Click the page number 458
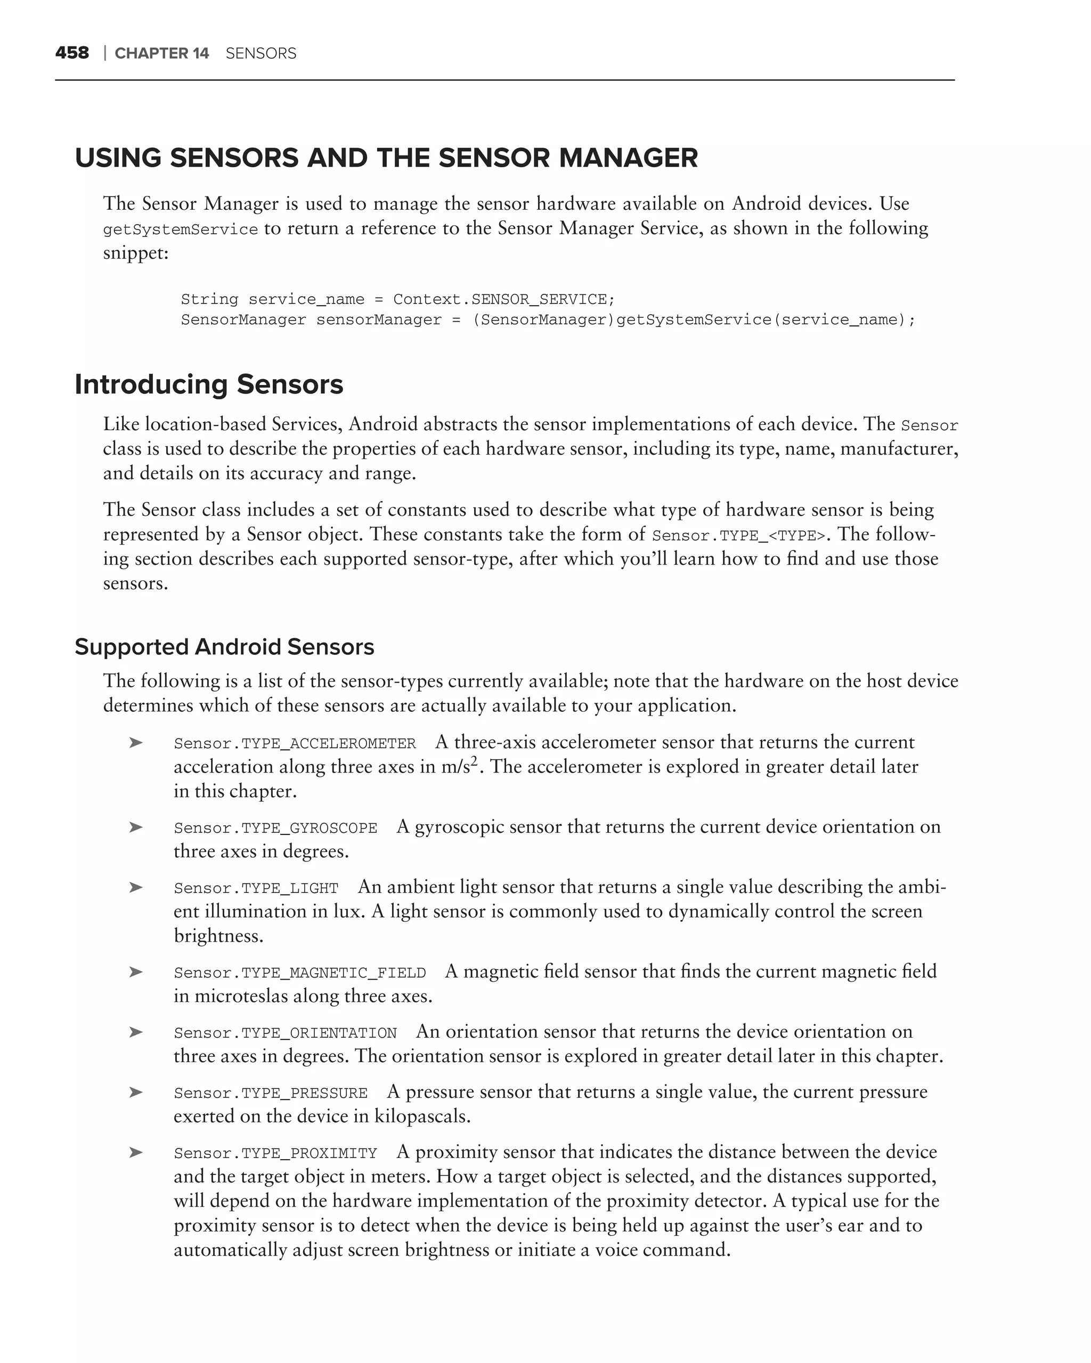72,53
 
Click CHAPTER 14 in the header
161,54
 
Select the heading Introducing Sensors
209,384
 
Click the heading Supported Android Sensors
224,647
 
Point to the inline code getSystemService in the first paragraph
180,229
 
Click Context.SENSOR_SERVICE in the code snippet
503,299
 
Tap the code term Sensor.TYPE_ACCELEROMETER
295,743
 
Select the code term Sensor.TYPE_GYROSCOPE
275,828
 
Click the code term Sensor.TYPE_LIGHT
256,888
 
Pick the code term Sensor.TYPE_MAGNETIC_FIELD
300,973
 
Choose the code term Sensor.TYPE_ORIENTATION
285,1033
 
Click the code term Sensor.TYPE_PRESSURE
271,1093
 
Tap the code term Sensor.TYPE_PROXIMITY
275,1153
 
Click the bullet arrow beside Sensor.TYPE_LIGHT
135,887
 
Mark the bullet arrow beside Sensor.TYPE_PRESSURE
135,1092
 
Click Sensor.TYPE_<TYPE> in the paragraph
739,536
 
